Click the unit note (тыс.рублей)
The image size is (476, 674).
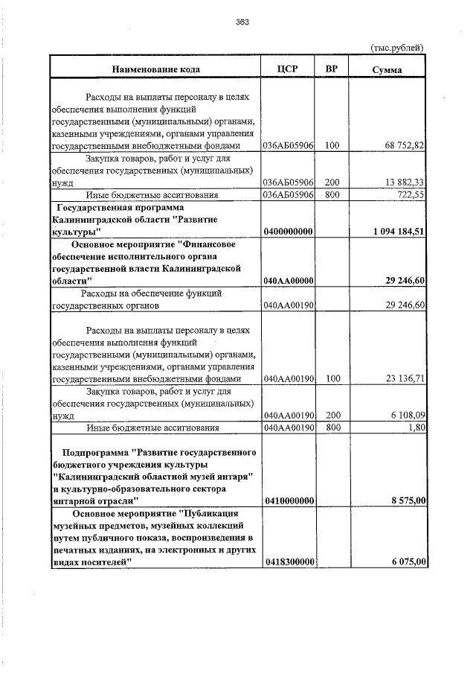(397, 48)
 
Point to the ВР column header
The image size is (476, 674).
(332, 69)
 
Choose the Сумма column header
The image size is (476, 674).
(387, 69)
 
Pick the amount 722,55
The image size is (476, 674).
(410, 195)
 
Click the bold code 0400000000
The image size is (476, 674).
(288, 232)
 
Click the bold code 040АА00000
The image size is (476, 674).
(288, 281)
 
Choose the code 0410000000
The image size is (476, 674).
(288, 501)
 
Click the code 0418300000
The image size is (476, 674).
(288, 562)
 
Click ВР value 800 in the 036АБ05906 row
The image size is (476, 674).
(332, 195)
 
